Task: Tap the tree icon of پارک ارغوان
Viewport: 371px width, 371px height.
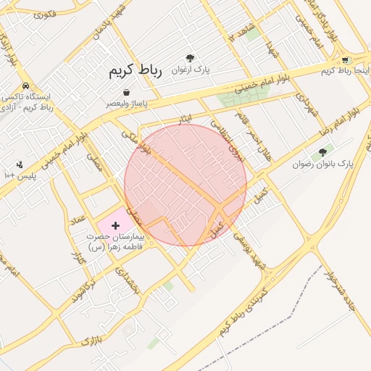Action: tap(190, 58)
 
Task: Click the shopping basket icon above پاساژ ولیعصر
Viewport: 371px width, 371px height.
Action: tap(127, 93)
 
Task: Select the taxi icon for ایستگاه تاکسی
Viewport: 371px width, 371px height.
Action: tap(26, 86)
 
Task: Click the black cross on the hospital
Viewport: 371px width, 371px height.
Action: tap(115, 226)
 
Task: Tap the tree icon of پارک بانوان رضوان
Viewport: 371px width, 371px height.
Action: tap(322, 152)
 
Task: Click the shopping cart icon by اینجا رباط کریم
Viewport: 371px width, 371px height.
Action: tap(346, 60)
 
